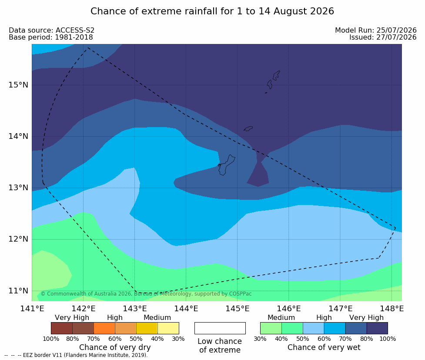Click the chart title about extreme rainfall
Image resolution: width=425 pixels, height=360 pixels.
212,11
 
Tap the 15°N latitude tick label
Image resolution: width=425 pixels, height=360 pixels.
18,85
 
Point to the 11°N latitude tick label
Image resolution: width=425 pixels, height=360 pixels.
18,291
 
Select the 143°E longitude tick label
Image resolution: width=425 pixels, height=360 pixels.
135,309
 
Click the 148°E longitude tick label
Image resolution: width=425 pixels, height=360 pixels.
392,309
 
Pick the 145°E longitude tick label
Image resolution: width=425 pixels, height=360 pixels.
238,309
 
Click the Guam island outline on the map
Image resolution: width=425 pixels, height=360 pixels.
226,165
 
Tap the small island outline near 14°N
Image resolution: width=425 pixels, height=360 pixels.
248,128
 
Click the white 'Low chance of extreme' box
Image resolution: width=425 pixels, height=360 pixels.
220,328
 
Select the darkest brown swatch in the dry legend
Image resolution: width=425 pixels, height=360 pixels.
62,328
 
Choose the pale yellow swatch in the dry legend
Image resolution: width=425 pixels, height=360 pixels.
168,328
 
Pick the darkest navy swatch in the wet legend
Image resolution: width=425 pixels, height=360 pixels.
377,328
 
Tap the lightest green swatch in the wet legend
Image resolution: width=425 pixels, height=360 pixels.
271,328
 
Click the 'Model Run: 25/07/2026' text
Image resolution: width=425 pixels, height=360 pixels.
376,30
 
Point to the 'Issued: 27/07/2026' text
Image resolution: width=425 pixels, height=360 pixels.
383,37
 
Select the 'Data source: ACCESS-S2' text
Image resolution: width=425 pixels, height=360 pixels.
51,30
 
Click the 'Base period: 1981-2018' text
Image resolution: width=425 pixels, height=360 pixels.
51,37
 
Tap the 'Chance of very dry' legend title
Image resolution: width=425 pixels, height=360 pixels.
115,347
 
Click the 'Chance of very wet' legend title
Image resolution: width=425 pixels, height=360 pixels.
324,347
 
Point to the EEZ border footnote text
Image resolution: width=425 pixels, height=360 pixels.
76,355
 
